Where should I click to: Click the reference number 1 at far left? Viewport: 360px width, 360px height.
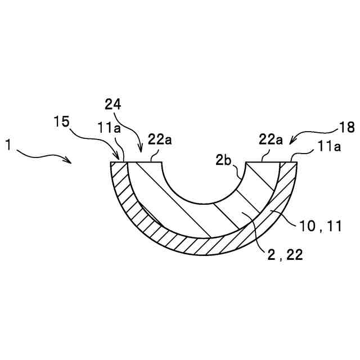tap(8, 145)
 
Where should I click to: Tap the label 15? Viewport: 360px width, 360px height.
tap(61, 121)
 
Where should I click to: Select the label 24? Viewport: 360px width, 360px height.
tap(112, 105)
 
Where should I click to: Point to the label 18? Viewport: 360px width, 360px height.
tap(346, 127)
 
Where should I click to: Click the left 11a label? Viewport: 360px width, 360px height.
tap(109, 128)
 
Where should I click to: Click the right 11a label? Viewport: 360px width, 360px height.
tap(329, 146)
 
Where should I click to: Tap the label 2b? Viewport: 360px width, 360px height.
tap(223, 160)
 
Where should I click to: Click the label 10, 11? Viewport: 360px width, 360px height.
tap(321, 226)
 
